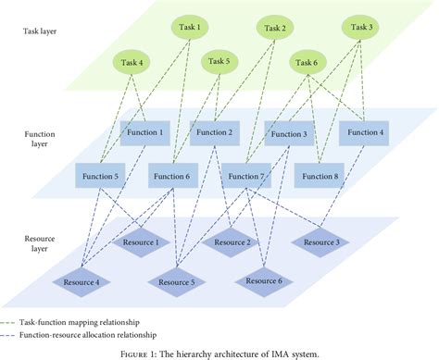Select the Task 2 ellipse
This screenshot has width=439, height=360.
(x=276, y=28)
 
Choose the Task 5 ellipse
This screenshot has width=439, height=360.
(x=220, y=63)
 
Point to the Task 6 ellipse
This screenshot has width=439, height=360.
(x=305, y=63)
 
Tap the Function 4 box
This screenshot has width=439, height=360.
(x=364, y=132)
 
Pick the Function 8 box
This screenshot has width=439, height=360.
(x=320, y=174)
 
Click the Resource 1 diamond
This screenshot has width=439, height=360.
(x=142, y=242)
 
